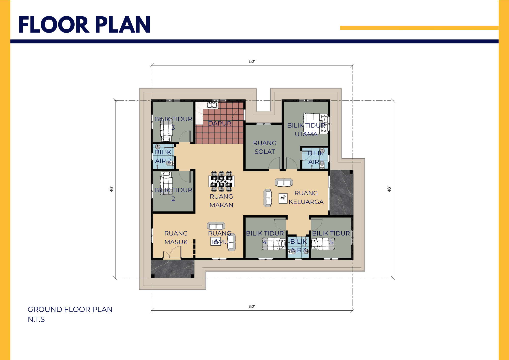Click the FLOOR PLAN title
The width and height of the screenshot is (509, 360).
84,25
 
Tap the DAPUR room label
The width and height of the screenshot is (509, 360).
220,123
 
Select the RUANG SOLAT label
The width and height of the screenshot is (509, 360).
265,147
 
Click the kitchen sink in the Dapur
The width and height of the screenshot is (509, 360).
212,104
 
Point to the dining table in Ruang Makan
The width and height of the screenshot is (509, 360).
221,181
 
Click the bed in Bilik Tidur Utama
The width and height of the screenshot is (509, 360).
316,123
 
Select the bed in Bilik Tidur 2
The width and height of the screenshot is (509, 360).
166,183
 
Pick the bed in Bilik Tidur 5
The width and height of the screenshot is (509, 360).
323,244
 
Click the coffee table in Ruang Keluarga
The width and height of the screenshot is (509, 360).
283,198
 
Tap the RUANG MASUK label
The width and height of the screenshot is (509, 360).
176,238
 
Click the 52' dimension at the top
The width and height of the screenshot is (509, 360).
252,62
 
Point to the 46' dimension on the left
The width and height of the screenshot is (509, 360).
111,189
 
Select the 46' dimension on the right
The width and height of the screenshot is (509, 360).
389,189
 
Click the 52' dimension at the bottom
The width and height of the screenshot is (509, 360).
252,307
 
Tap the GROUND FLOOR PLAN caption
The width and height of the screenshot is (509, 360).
70,309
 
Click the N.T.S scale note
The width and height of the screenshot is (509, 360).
36,319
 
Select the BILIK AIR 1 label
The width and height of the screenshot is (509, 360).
316,157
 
